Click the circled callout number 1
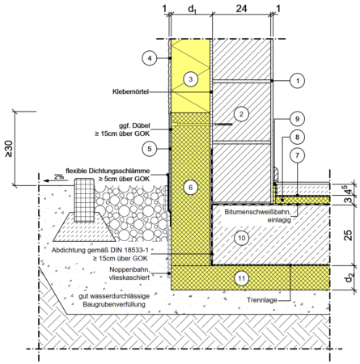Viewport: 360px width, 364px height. point(298,81)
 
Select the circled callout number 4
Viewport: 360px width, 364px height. point(150,58)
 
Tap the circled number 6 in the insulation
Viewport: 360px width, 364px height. point(191,188)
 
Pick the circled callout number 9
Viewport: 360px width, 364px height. point(297,119)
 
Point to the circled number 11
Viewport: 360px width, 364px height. point(241,278)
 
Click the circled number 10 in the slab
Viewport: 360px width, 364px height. point(241,238)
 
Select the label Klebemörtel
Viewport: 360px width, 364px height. point(130,91)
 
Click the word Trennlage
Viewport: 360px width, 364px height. point(262,300)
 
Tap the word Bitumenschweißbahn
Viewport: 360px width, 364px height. point(257,212)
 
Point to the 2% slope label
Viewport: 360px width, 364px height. point(59,176)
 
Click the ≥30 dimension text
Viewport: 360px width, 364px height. point(9,149)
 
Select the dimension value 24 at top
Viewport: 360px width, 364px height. point(241,9)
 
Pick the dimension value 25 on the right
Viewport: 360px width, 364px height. point(348,235)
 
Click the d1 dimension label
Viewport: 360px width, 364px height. point(192,9)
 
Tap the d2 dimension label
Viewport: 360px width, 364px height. point(349,277)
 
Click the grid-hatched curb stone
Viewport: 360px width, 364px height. point(85,200)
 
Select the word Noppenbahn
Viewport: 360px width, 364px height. point(129,269)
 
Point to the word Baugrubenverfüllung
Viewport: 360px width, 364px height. point(114,304)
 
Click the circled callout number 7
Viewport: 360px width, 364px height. point(297,155)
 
